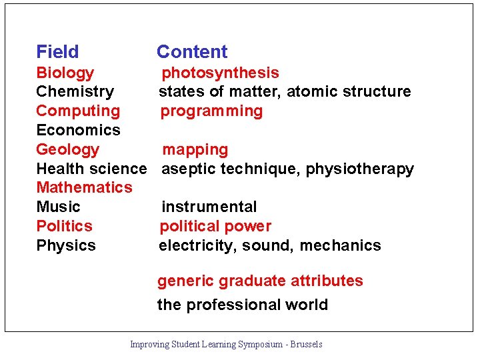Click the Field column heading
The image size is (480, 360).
coord(57,52)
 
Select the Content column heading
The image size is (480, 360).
coord(192,52)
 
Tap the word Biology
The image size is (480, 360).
coord(65,73)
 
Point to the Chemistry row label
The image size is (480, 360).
coord(75,91)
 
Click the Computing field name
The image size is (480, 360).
coord(78,111)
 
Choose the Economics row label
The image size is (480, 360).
coord(78,130)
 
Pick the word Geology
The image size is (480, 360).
coord(67,149)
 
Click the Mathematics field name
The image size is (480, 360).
coord(84,187)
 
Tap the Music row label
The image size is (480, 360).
coord(58,207)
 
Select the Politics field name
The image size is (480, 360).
coord(64,226)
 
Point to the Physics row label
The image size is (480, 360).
coord(66,245)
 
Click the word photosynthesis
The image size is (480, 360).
coord(220,73)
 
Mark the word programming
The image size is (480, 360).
coord(211,111)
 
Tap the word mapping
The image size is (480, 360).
coord(195,149)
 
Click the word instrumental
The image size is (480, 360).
coord(209,207)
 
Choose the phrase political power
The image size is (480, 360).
coord(215,226)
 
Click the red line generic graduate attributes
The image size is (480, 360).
coord(260,281)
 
